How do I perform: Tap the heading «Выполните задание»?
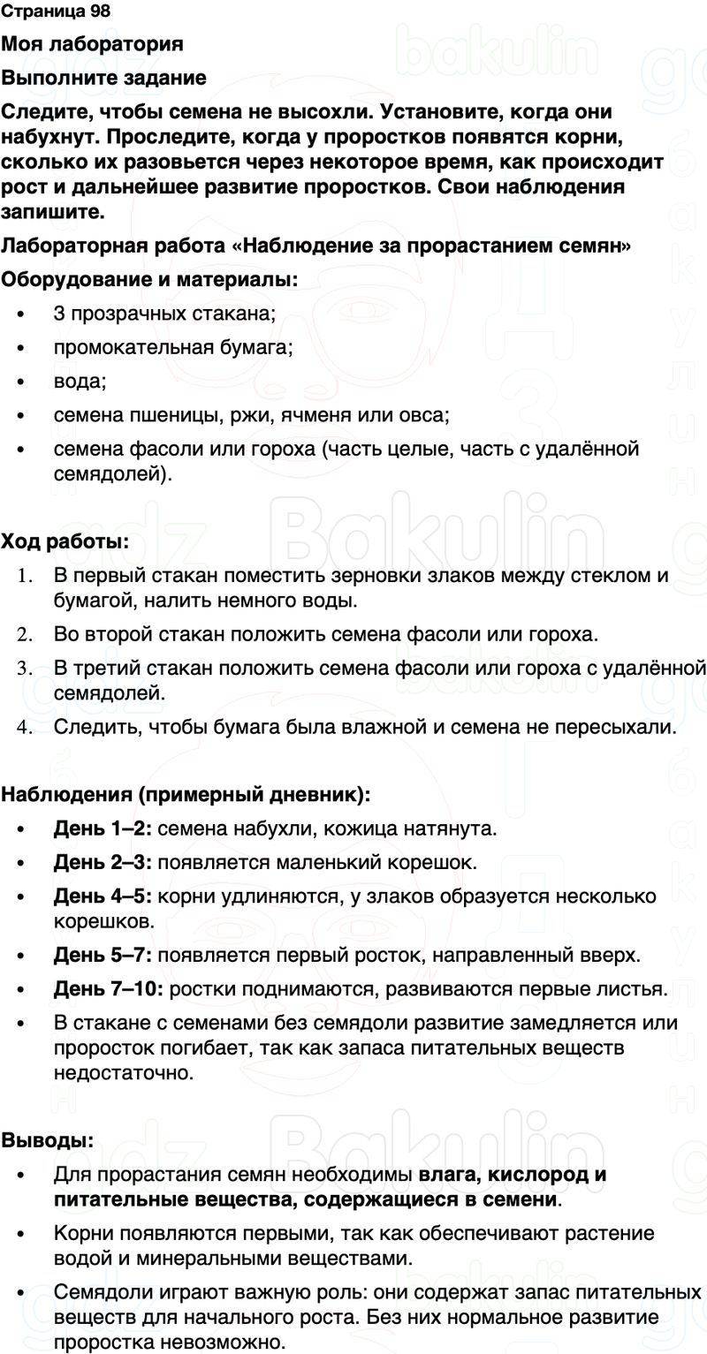click(104, 79)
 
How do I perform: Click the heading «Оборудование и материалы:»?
click(149, 280)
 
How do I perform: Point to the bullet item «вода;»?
click(80, 382)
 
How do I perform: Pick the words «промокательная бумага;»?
click(173, 347)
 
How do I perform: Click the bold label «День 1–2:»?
click(104, 829)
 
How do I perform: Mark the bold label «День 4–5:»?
click(104, 896)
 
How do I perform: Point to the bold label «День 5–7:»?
click(104, 955)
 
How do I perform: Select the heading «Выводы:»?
click(48, 1140)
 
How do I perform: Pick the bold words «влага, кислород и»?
click(513, 1176)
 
